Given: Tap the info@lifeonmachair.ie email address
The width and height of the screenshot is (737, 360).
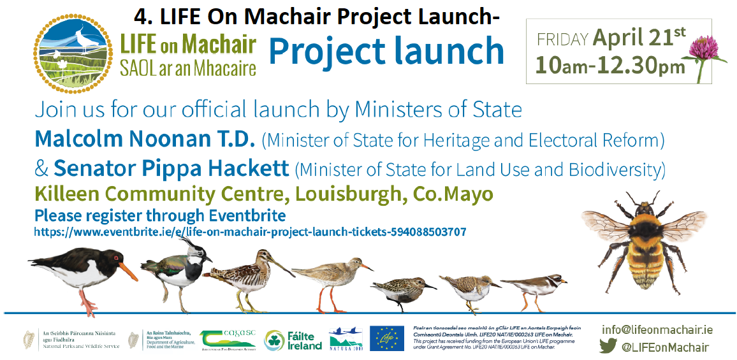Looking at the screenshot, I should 657,329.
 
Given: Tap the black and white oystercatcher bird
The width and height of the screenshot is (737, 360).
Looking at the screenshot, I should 80,271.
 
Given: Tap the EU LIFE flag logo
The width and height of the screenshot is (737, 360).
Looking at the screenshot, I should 386,338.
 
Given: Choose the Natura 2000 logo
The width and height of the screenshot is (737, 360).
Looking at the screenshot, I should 346,339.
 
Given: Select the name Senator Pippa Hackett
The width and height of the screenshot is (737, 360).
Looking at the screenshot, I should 171,169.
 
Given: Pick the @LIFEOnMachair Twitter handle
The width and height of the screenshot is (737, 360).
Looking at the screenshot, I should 664,347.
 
